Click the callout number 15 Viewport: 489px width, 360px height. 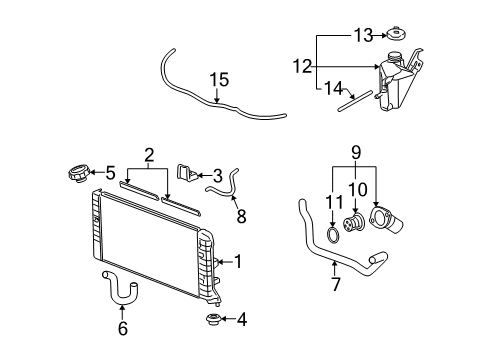click(219, 79)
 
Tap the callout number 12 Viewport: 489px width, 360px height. click(301, 67)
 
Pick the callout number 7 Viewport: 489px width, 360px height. click(336, 285)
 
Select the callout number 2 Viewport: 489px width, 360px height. click(148, 155)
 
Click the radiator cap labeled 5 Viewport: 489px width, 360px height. click(74, 174)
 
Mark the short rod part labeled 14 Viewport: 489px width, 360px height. click(357, 99)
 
